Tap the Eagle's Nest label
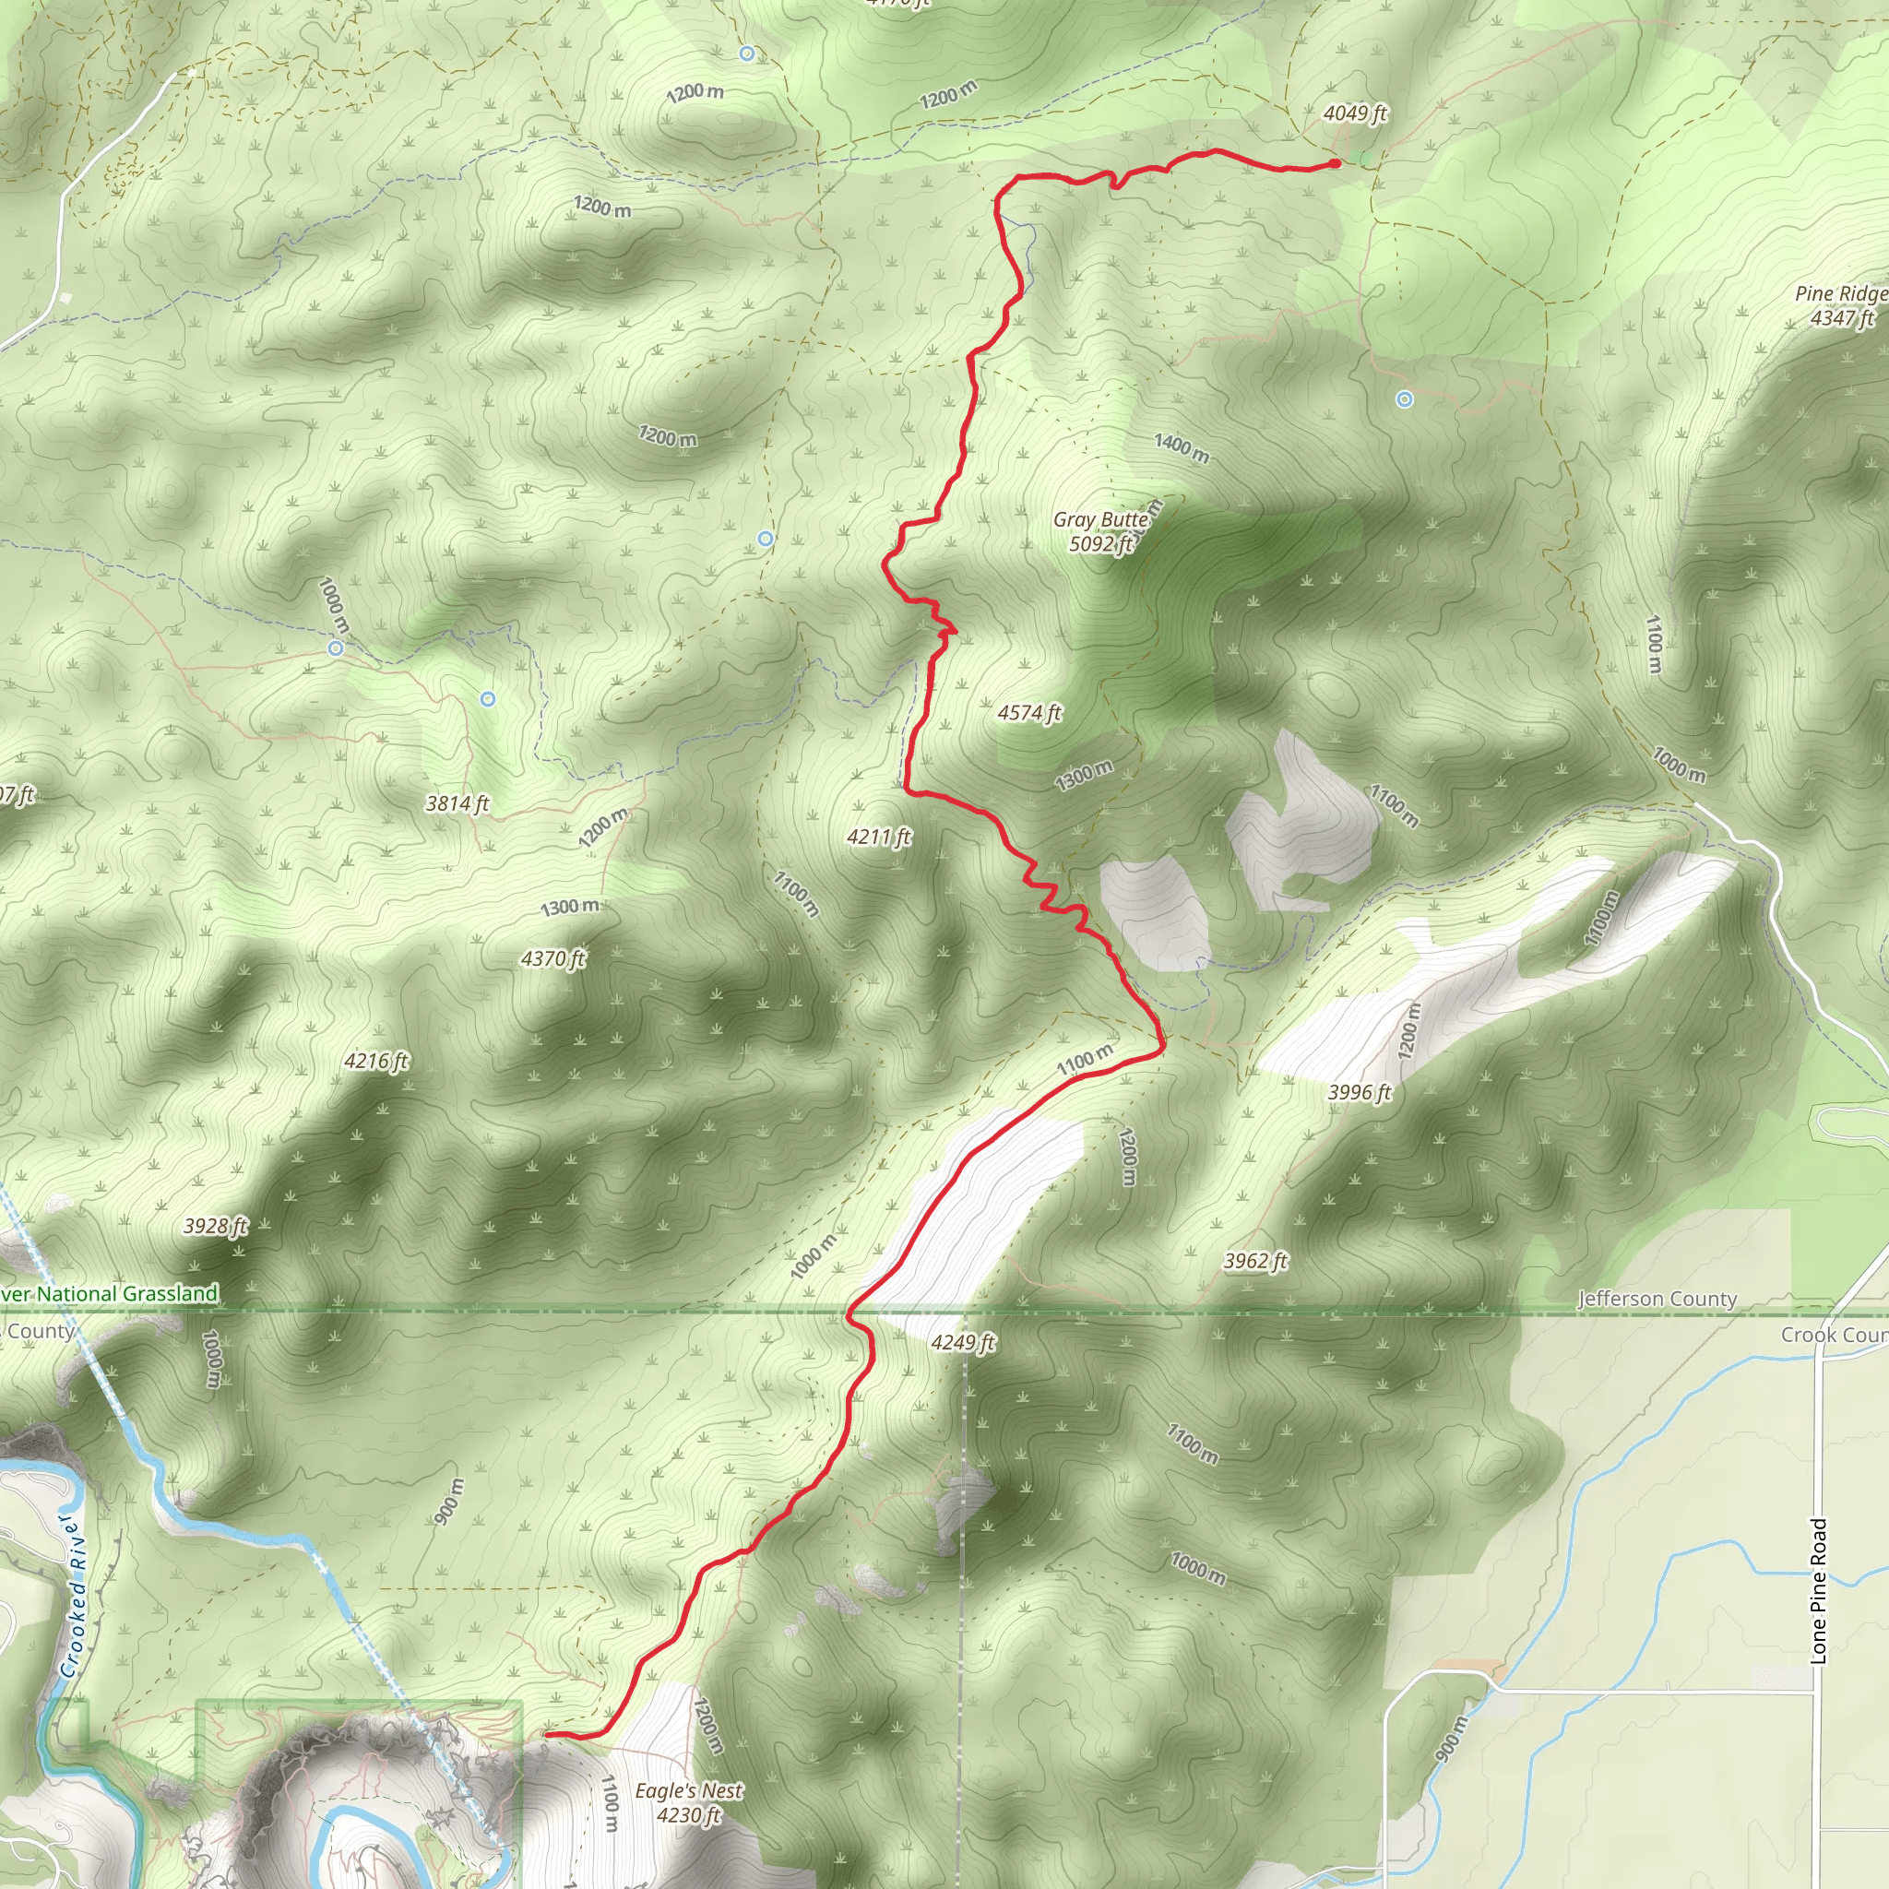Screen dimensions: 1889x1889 (689, 1791)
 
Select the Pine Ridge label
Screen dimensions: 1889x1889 (1841, 294)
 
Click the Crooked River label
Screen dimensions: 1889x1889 (76, 1595)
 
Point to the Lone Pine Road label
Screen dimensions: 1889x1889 (1819, 1590)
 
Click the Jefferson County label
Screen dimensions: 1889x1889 (1657, 1300)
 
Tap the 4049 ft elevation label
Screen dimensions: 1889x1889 (1355, 114)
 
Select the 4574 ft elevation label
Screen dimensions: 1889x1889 (1029, 714)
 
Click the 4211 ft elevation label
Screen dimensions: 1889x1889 (879, 837)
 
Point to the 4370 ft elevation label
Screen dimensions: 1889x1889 (553, 959)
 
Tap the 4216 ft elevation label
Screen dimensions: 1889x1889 (376, 1062)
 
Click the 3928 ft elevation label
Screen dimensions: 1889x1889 (216, 1226)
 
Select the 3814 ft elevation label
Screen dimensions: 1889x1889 (457, 803)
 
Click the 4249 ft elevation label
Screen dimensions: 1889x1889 (963, 1342)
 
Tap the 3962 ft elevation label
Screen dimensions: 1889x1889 (1256, 1261)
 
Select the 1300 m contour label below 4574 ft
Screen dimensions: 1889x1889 (1084, 776)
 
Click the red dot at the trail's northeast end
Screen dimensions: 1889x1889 (1336, 163)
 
